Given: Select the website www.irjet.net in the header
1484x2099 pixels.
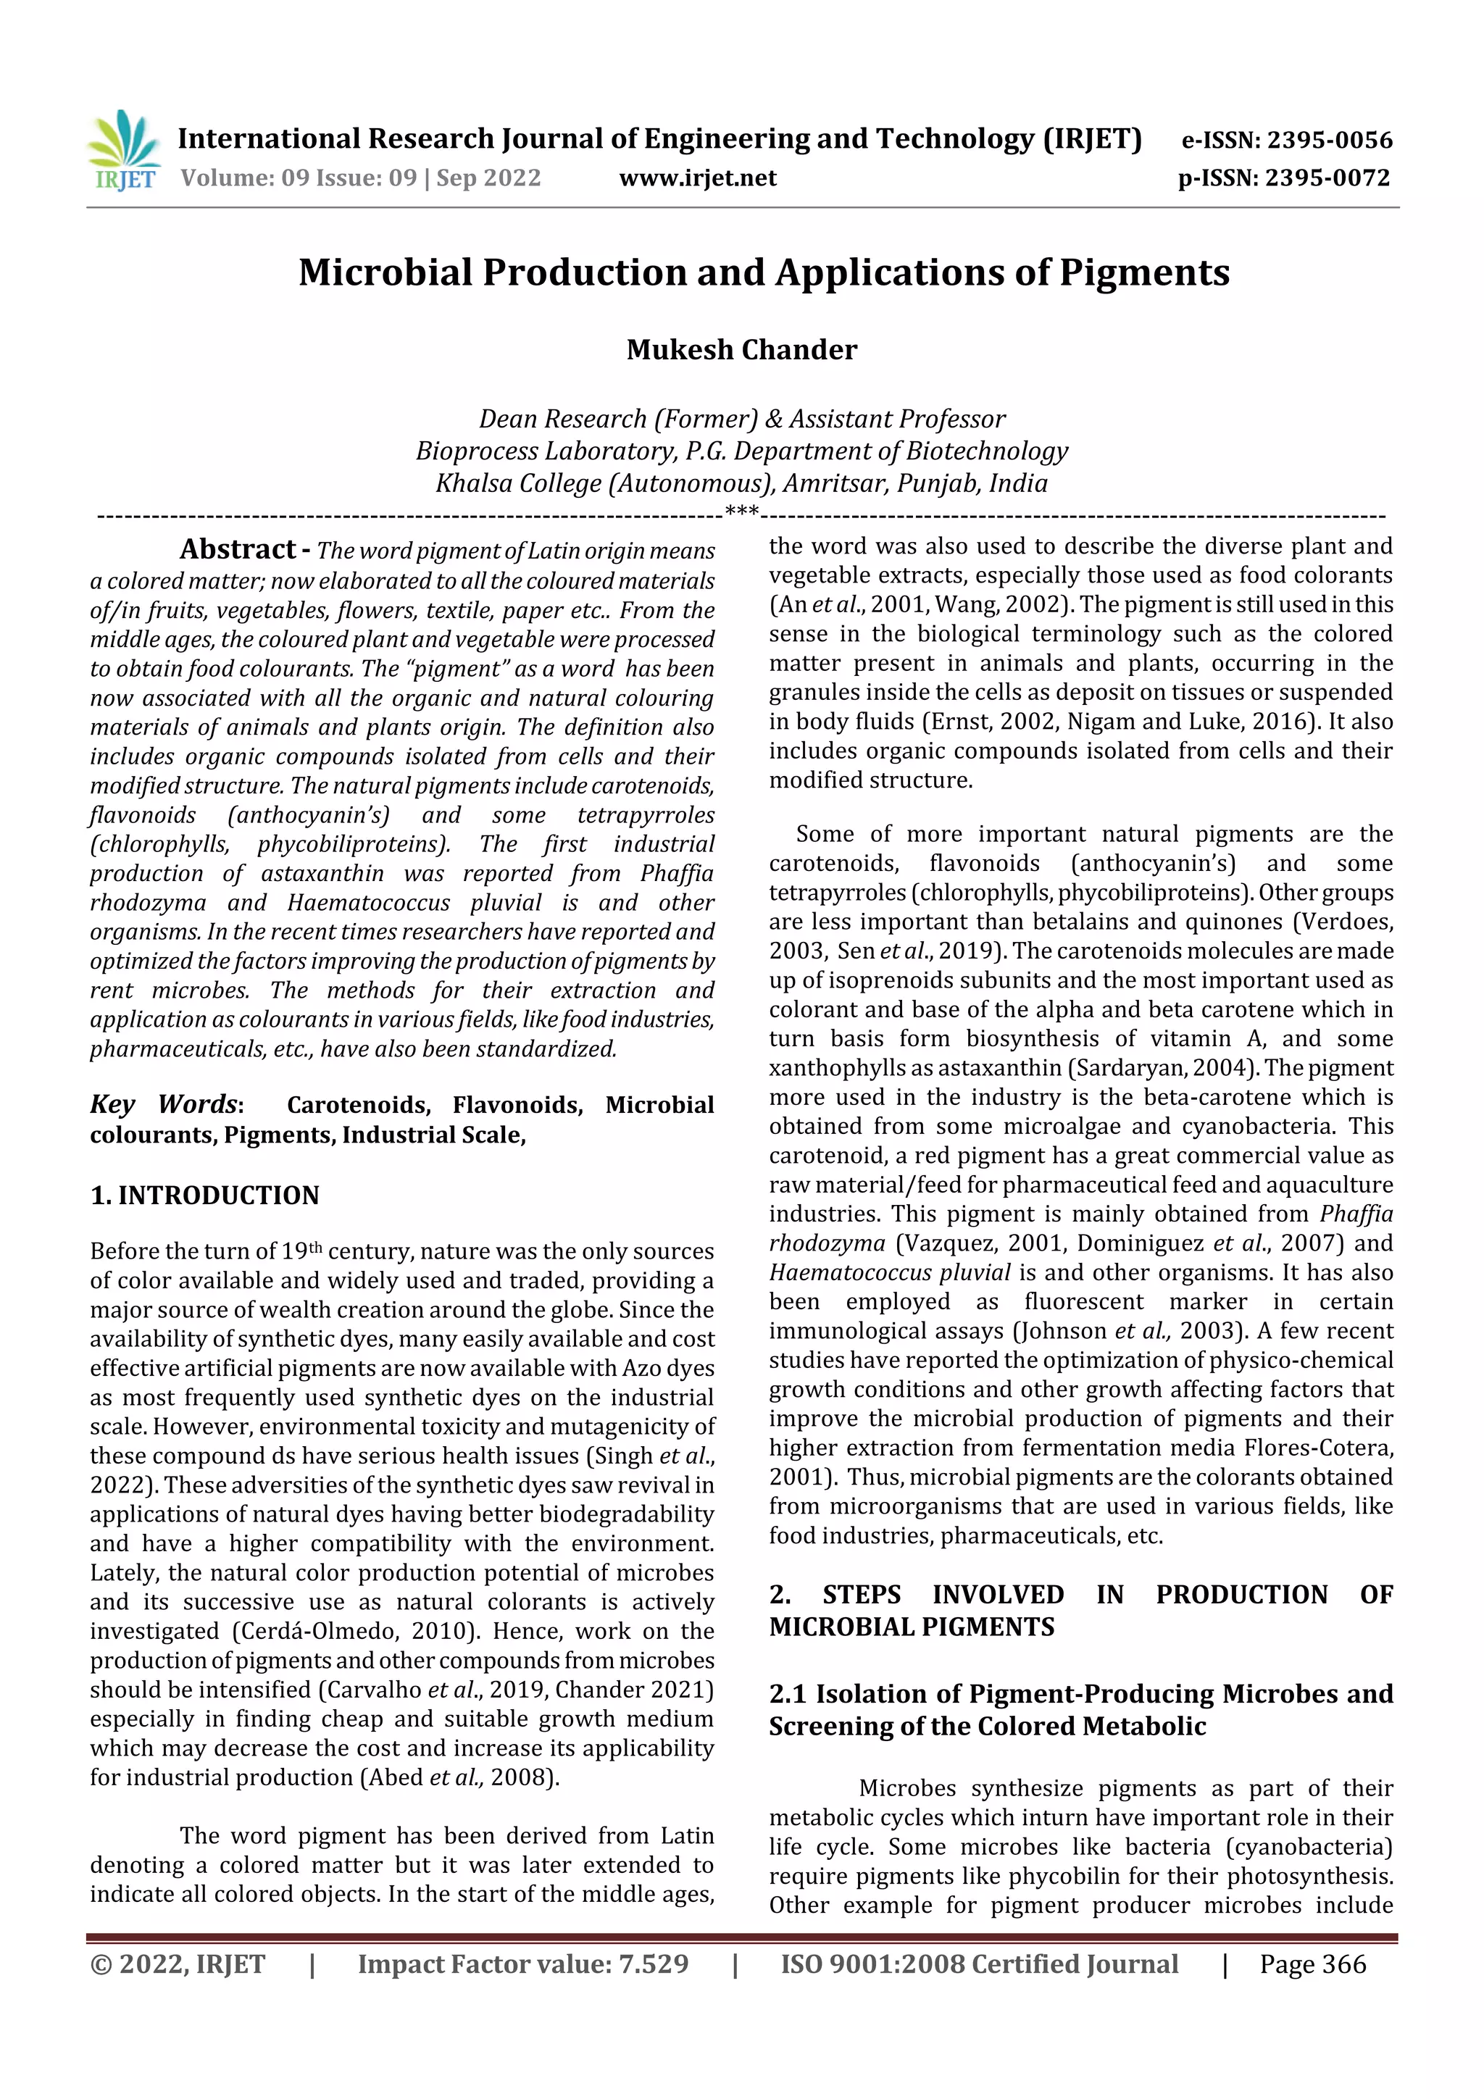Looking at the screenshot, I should (x=698, y=178).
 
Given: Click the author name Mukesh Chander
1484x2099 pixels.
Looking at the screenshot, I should (x=741, y=350).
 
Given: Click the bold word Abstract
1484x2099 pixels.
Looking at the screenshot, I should (x=237, y=549).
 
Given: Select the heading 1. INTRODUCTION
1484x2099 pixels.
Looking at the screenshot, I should (x=205, y=1195).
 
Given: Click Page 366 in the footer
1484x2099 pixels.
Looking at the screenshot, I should (x=1312, y=1965).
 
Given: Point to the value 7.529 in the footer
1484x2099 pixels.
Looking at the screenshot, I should (x=653, y=1965).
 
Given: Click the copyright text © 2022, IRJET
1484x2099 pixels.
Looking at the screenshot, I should (x=178, y=1965).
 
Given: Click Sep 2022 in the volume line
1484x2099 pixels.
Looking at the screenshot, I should (x=488, y=178).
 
